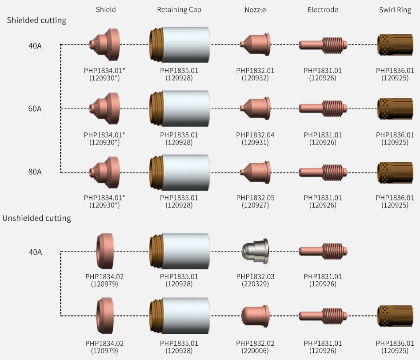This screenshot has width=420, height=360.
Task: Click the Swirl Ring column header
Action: coord(395,10)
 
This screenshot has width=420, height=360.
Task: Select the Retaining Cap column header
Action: coord(179,10)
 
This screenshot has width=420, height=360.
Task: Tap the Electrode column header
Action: coord(323,10)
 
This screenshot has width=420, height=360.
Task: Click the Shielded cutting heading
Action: coord(37,20)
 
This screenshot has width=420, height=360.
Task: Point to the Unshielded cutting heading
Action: coord(37,218)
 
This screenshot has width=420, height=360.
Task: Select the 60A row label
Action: coord(35,108)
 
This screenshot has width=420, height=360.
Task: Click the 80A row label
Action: coord(35,172)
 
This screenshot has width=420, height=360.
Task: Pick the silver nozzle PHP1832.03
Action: coord(255,251)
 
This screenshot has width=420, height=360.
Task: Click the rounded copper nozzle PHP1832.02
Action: coord(255,316)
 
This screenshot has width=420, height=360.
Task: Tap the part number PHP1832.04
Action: coord(255,135)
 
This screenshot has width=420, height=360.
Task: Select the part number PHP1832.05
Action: coord(255,198)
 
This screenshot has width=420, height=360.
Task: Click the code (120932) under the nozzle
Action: coord(255,78)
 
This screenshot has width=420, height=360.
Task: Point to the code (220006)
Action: coord(255,351)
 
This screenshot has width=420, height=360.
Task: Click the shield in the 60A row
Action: coord(105,108)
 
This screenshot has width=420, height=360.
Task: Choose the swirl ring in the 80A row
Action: coord(395,173)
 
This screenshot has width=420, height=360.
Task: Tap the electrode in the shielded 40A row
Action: coord(323,45)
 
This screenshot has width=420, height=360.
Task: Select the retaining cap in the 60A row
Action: coord(180,108)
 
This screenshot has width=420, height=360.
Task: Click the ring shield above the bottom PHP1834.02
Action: coord(105,316)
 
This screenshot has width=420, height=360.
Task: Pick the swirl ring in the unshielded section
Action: coord(395,316)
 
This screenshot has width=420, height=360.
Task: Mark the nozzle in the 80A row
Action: coord(255,172)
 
